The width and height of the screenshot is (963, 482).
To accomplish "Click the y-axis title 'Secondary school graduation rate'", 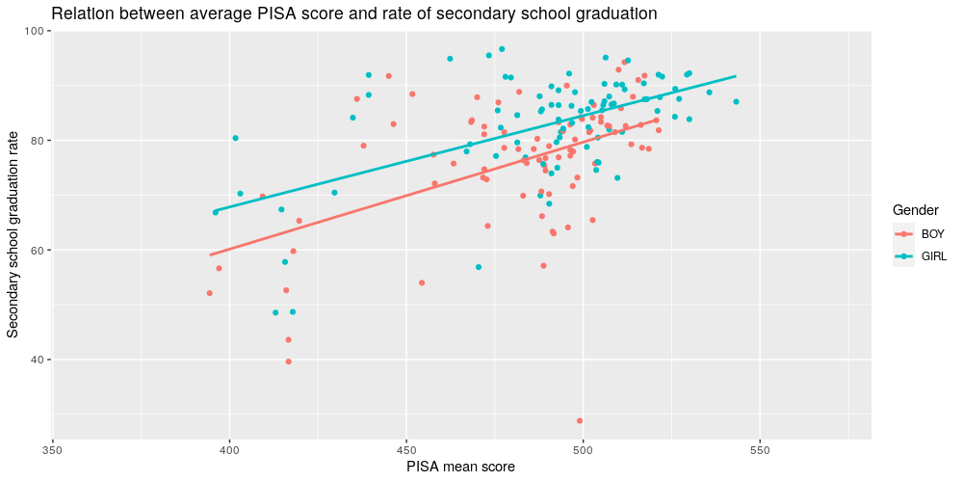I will click(13, 235).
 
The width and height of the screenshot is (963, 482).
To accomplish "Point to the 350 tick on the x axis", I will click(53, 449).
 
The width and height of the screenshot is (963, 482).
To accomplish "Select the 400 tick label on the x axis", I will click(230, 449).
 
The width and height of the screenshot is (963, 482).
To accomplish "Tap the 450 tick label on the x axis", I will click(406, 449).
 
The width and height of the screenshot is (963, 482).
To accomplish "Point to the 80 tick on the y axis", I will click(39, 141).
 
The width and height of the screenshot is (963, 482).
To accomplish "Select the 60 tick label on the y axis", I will click(39, 251).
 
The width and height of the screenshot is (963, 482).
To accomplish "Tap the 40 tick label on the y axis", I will click(39, 360).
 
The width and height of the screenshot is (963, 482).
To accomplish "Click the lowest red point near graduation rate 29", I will click(580, 420).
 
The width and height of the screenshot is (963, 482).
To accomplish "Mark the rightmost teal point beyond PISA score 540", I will click(736, 101).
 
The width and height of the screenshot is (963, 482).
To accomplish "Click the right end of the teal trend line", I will click(736, 76).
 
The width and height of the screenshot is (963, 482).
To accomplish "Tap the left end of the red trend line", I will click(210, 255).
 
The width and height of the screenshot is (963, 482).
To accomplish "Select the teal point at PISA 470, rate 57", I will click(479, 267).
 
